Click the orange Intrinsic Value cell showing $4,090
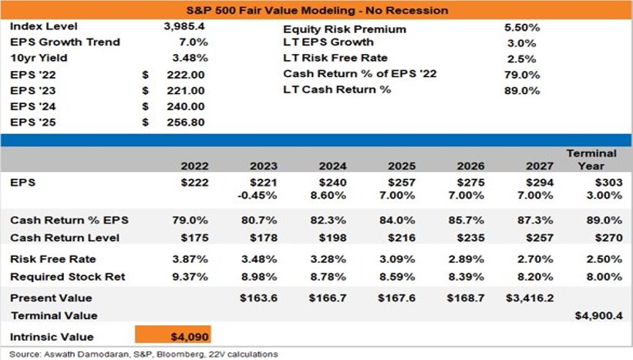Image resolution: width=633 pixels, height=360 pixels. (x=173, y=335)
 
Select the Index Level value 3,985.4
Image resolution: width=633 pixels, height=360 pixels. (x=184, y=27)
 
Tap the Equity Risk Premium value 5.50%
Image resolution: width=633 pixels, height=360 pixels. (x=522, y=28)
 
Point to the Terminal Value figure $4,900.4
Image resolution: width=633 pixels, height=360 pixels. (x=598, y=315)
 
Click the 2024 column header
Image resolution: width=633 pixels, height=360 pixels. (x=332, y=167)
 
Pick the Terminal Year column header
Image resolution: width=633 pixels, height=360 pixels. (x=591, y=160)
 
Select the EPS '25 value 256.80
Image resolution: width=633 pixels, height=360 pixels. (x=186, y=123)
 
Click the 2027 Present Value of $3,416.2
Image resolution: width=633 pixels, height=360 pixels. (x=530, y=298)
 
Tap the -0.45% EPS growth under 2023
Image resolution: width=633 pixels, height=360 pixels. (x=258, y=196)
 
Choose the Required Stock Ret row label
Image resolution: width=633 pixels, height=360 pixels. (x=68, y=277)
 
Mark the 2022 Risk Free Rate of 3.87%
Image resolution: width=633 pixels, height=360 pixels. (x=190, y=259)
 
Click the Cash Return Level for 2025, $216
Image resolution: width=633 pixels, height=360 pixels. (x=402, y=238)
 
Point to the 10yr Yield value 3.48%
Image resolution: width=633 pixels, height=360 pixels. (x=190, y=58)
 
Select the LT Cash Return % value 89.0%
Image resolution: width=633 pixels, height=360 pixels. (x=522, y=91)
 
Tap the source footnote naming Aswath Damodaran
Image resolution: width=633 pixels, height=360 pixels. (x=143, y=355)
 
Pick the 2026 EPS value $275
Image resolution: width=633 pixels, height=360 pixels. (x=471, y=183)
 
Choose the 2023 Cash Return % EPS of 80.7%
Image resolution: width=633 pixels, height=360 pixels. (x=259, y=220)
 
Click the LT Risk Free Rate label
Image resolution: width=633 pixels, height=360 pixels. (x=335, y=58)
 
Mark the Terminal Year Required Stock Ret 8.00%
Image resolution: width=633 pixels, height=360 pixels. (x=604, y=277)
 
